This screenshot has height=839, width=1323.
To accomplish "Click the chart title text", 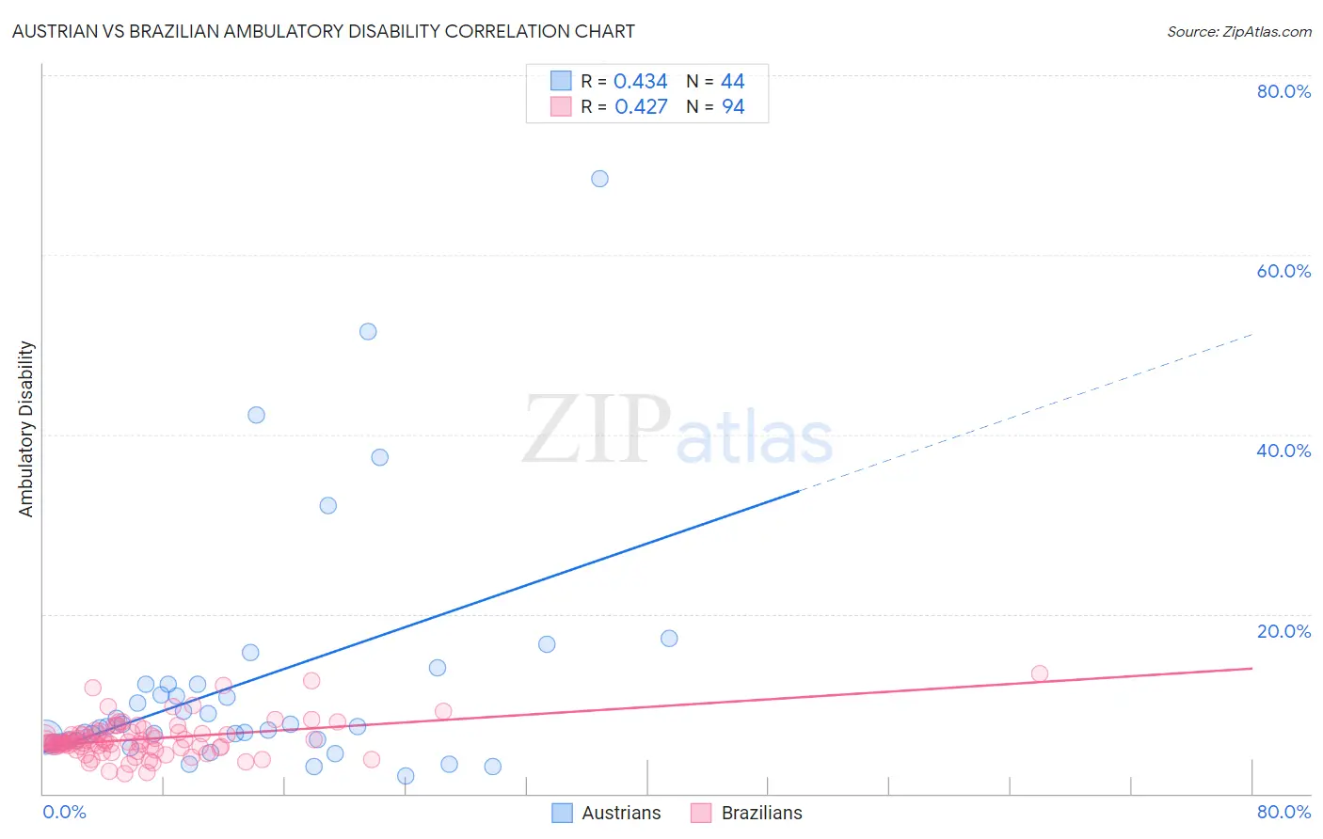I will pos(323,31).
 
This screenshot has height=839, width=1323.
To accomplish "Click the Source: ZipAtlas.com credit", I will pos(1238,31).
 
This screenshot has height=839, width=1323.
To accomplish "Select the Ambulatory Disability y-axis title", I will pos(26,429).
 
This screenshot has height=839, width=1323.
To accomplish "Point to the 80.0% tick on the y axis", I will pos(1283,91).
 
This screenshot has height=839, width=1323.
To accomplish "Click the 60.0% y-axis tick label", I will pos(1283,271).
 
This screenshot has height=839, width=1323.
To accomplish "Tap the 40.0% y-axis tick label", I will pos(1283,451).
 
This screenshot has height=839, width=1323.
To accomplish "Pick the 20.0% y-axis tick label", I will pos(1283,630).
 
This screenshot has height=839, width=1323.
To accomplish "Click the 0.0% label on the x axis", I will pos(64,812).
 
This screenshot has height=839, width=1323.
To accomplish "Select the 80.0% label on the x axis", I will pos(1283,812).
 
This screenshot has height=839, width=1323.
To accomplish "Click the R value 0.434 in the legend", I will pos(640,82).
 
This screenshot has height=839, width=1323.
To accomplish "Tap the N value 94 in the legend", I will pos(733,107).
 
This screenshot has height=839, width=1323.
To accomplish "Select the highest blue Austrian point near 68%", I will pos(599,179).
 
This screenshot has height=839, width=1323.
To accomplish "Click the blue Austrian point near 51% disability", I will pos(368,331).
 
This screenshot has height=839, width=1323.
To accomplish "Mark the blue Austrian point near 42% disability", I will pos(256,415).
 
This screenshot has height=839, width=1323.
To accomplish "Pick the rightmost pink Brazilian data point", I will pos(1039,673).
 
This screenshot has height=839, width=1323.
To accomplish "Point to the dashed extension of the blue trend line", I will pos(1026,413).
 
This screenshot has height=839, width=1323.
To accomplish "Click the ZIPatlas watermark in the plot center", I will pos(677,432).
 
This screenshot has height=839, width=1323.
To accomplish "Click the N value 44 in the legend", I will pos(733,82).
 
